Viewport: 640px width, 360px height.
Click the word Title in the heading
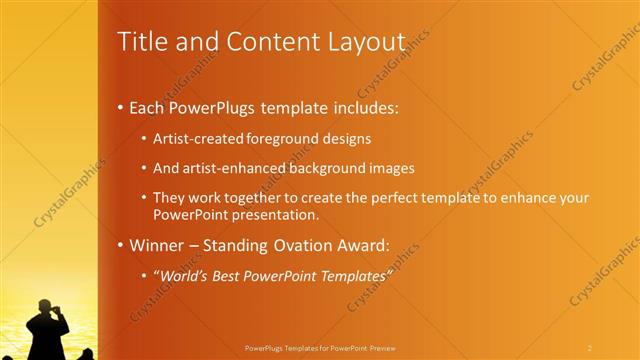pos(140,42)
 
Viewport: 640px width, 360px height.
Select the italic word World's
pos(183,275)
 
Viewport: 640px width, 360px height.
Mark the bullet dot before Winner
pos(121,246)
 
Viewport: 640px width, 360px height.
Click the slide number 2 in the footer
pos(590,348)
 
